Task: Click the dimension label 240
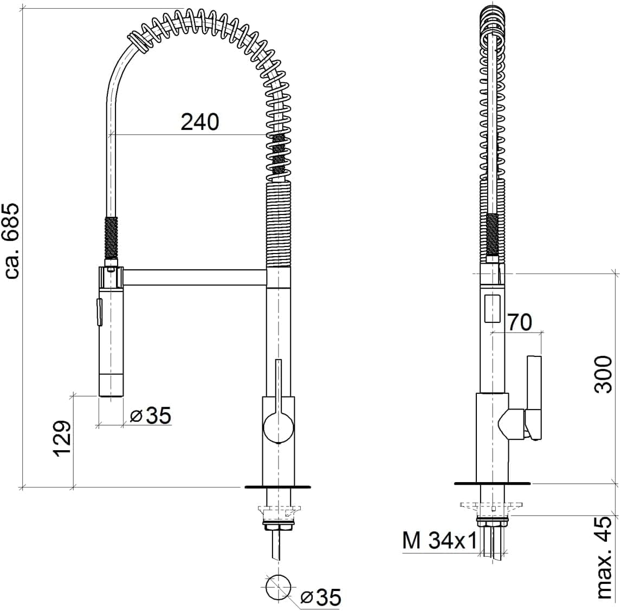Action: coord(199,122)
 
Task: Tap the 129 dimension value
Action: coord(62,439)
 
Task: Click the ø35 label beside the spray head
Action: coord(151,415)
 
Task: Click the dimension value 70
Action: coord(520,322)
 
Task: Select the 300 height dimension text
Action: coord(604,374)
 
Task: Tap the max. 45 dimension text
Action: coord(605,558)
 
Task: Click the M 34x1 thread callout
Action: coord(440,541)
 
